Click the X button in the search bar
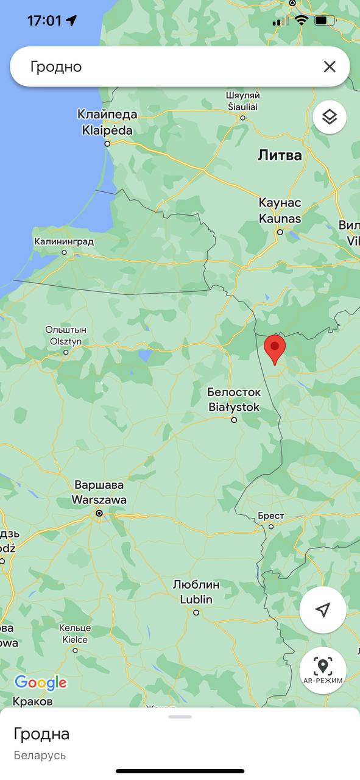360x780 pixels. click(x=330, y=66)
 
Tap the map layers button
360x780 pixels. click(x=330, y=116)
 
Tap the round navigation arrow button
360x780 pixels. click(x=323, y=610)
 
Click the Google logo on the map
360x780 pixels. click(x=40, y=683)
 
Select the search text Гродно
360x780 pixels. click(x=56, y=66)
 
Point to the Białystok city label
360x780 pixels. click(x=234, y=400)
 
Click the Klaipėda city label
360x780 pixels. click(x=107, y=122)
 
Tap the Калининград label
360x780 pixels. click(x=64, y=242)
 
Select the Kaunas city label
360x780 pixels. click(x=280, y=210)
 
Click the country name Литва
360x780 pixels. click(x=280, y=155)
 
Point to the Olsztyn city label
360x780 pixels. click(x=66, y=336)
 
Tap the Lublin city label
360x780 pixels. click(x=196, y=592)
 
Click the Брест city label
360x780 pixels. click(x=270, y=516)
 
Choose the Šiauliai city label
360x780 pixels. click(x=242, y=101)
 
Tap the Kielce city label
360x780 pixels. click(x=75, y=634)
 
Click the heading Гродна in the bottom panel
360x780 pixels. click(x=41, y=734)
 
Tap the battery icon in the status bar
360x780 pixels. click(x=325, y=21)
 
